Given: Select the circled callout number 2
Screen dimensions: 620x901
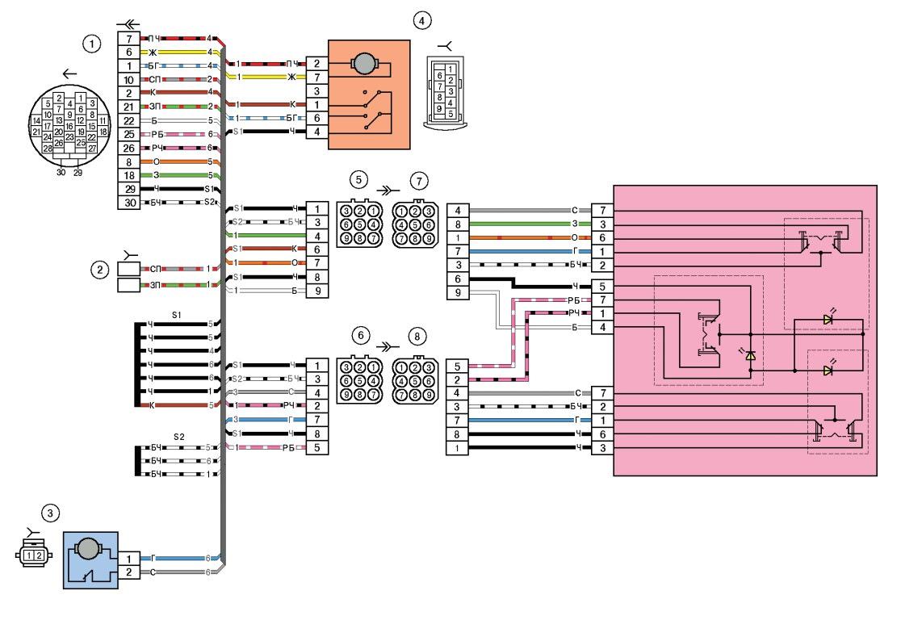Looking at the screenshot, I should coord(98,270).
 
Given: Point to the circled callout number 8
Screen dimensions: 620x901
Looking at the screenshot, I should coord(416,333).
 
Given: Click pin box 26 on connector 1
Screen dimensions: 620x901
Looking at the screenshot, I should coord(129,148).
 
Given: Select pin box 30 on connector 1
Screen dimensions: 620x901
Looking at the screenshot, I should coord(129,203).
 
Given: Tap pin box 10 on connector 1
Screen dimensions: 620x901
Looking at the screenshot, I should coord(129,79).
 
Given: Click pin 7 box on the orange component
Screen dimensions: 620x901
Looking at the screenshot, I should coord(316,77).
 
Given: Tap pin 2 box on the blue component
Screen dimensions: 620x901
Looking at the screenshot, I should coord(129,572).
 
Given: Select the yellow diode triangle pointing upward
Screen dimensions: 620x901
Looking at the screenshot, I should coord(750,355).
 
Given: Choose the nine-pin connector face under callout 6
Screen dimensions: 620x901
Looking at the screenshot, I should coord(359,379).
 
